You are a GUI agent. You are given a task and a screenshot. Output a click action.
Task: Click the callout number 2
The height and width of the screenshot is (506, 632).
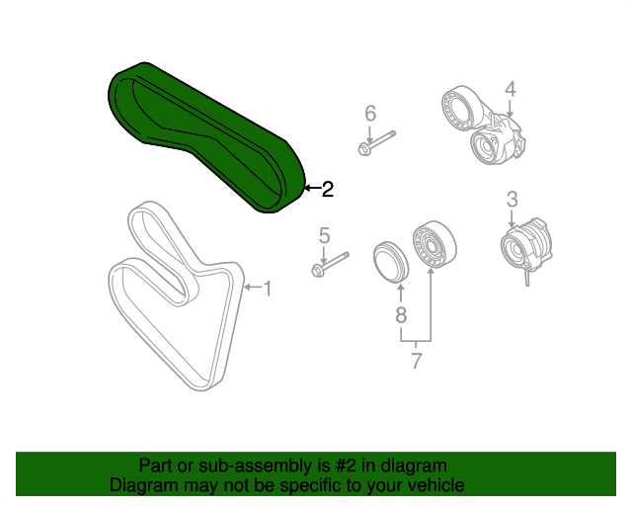(328, 189)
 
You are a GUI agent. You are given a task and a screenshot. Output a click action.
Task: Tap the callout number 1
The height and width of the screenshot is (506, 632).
(268, 289)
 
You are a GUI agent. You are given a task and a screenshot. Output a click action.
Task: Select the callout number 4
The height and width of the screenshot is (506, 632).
(511, 89)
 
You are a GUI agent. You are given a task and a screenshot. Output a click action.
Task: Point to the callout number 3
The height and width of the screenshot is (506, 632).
(512, 200)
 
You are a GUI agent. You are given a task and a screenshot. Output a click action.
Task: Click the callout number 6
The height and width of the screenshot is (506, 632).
(370, 114)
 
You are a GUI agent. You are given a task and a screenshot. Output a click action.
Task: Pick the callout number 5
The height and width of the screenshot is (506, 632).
(325, 235)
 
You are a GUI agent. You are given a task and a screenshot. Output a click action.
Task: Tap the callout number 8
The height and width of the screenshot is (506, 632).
(401, 314)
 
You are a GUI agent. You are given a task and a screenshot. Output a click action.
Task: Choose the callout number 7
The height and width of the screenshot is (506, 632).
(417, 361)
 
